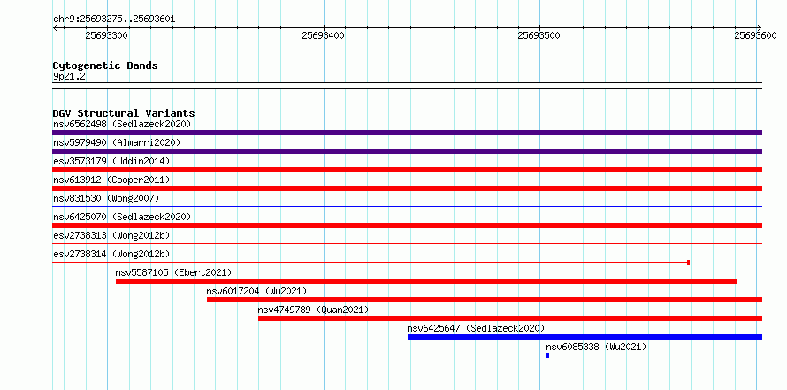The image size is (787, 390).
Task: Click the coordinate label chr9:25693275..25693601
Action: [x=114, y=19]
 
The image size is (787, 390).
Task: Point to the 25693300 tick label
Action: [x=106, y=35]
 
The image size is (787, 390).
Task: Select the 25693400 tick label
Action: [x=324, y=35]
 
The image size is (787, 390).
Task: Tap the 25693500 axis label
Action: [x=539, y=35]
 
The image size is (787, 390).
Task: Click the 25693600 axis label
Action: [x=755, y=35]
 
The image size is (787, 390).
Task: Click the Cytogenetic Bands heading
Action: [x=105, y=65]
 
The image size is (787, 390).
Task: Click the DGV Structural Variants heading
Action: [x=124, y=113]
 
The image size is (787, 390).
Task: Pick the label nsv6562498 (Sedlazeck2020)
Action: [x=122, y=124]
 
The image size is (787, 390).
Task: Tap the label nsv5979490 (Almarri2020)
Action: [x=117, y=142]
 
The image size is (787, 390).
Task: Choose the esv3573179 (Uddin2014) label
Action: [x=111, y=161]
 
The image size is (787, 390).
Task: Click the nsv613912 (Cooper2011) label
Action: [x=111, y=180]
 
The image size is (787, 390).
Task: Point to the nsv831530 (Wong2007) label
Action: [x=106, y=198]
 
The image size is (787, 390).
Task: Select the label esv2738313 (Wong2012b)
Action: [x=111, y=235]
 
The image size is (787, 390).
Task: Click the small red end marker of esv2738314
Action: [x=688, y=263]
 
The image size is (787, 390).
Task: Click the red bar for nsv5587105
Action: [x=426, y=281]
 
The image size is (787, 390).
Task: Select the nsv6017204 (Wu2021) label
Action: [x=256, y=291]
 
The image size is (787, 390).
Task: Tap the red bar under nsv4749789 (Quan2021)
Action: [x=510, y=318]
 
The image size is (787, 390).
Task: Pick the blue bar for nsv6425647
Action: [x=585, y=337]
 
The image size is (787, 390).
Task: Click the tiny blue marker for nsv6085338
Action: [x=547, y=356]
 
